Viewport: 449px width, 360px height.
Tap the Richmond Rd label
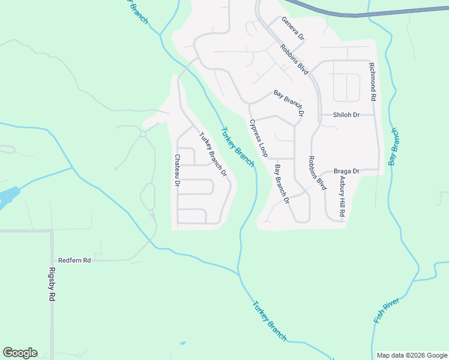pos(373,81)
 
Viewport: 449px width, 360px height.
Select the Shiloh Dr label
pos(346,115)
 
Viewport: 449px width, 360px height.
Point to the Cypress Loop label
pos(258,138)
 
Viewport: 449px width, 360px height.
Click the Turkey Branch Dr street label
pos(212,154)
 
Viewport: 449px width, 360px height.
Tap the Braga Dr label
pos(346,171)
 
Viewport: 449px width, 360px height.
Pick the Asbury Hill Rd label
pos(342,196)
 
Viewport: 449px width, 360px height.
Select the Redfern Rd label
pos(74,260)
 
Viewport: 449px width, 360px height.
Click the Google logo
pos(20,353)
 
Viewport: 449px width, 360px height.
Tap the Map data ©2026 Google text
pos(411,355)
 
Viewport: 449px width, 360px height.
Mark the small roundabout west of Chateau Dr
pos(143,134)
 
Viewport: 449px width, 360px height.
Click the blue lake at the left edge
pos(7,197)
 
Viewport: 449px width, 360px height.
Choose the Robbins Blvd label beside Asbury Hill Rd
pos(316,173)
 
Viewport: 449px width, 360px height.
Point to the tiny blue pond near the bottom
pos(182,343)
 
